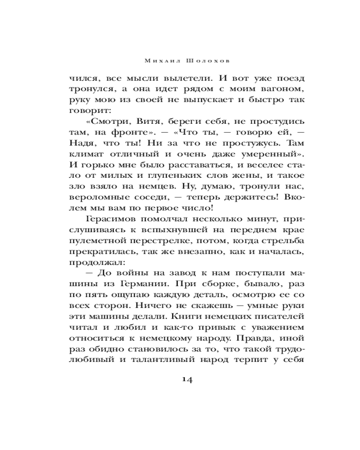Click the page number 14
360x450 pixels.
pyautogui.click(x=187, y=380)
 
